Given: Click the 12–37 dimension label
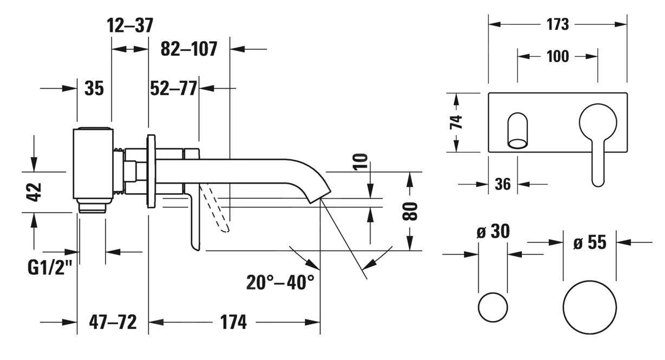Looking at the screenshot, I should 130,25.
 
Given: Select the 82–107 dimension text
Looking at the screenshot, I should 189,49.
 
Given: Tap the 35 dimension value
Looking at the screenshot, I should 94,88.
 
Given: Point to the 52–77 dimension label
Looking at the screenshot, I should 173,88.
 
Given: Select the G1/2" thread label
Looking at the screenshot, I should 50,268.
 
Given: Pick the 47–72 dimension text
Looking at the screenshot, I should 112,323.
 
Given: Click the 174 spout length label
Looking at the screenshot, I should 233,323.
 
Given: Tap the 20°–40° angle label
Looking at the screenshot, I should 281,282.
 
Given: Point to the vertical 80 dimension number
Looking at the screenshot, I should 412,211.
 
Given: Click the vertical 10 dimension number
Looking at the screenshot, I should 362,162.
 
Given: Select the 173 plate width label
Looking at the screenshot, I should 557,24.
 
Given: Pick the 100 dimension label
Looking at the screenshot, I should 557,56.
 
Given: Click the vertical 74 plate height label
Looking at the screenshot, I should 457,122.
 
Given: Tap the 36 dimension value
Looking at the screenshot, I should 503,184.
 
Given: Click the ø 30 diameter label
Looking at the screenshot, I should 493,232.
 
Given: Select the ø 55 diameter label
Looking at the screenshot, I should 590,243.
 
